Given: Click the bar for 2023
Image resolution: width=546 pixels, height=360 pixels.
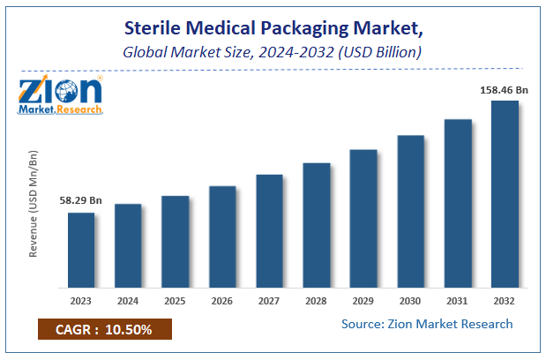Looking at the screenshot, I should coord(81,250).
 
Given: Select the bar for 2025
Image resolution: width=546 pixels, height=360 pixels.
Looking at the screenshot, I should coord(176,241).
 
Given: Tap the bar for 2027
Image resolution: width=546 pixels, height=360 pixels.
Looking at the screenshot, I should coord(269,230).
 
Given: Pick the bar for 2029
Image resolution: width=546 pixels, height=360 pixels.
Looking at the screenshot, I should coord(363,218).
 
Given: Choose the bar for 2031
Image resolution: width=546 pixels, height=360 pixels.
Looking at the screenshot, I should coord(458,203).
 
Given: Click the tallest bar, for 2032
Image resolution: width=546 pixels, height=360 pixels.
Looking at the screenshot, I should coord(505,194).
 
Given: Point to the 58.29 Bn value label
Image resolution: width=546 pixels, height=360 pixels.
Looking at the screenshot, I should coord(81,201).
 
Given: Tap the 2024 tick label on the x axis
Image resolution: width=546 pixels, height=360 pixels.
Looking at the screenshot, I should coord(128,300).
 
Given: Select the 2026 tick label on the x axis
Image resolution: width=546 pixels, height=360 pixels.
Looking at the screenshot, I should coord(222,300).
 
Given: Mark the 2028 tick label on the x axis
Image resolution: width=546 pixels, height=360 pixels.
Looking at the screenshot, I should coord(317,300).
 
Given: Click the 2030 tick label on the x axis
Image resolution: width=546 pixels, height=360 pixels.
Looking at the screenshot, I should coord(411,300).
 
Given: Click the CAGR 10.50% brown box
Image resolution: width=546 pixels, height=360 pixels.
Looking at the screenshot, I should coord(104,330).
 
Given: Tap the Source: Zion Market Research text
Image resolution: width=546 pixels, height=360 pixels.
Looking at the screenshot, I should coord(427,324).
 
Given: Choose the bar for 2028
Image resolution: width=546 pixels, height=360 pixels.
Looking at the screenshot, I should coord(317,225).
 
